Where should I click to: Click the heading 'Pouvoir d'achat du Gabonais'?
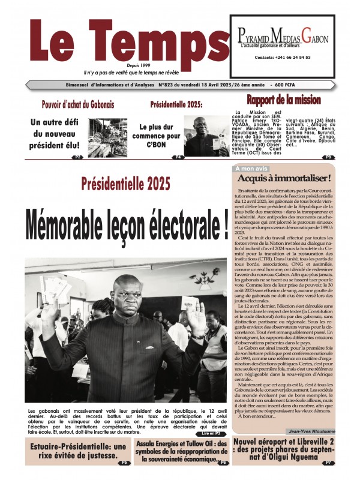click(77, 104)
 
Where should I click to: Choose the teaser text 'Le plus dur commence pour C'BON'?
click(160, 136)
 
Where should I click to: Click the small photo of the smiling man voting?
click(206, 136)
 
